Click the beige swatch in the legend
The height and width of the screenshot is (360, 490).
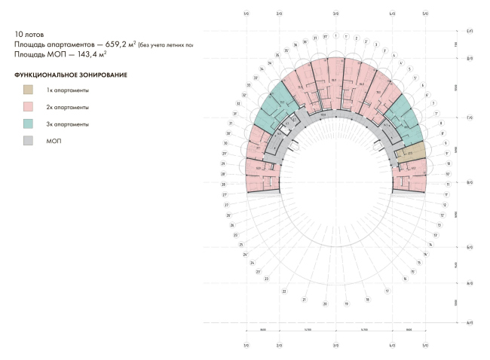29,90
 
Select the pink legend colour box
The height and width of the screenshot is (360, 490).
29,107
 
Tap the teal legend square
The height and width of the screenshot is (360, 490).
29,124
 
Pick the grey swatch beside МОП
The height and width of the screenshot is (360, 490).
29,140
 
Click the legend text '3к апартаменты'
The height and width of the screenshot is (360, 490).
68,124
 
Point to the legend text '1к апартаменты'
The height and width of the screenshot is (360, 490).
68,90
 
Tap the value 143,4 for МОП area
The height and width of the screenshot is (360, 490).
97,54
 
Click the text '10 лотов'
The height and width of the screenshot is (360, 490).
29,35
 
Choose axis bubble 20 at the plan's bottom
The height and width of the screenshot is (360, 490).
325,304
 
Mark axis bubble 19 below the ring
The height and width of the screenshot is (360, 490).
346,304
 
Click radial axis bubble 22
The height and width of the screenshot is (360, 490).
284,291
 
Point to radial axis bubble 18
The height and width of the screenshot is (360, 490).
367,299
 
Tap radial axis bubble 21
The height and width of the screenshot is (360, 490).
304,300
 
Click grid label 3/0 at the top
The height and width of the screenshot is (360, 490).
335,14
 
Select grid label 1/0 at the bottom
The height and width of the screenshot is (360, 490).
246,346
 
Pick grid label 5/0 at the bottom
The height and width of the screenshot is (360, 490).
425,346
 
